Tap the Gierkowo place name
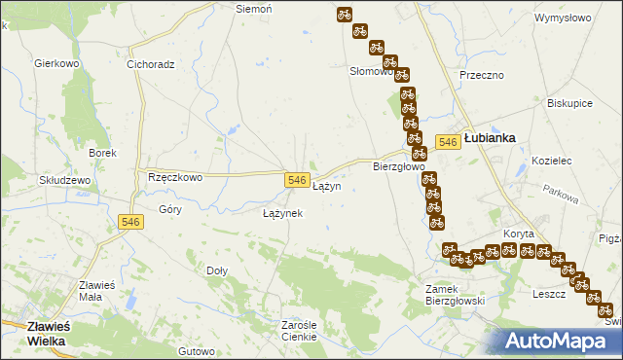[55, 63]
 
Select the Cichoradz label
[150, 65]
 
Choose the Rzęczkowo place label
[174, 177]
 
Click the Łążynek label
[283, 212]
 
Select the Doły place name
[218, 270]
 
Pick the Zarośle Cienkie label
[299, 330]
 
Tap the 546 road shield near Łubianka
[448, 142]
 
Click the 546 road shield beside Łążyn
[298, 181]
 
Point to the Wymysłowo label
[564, 18]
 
